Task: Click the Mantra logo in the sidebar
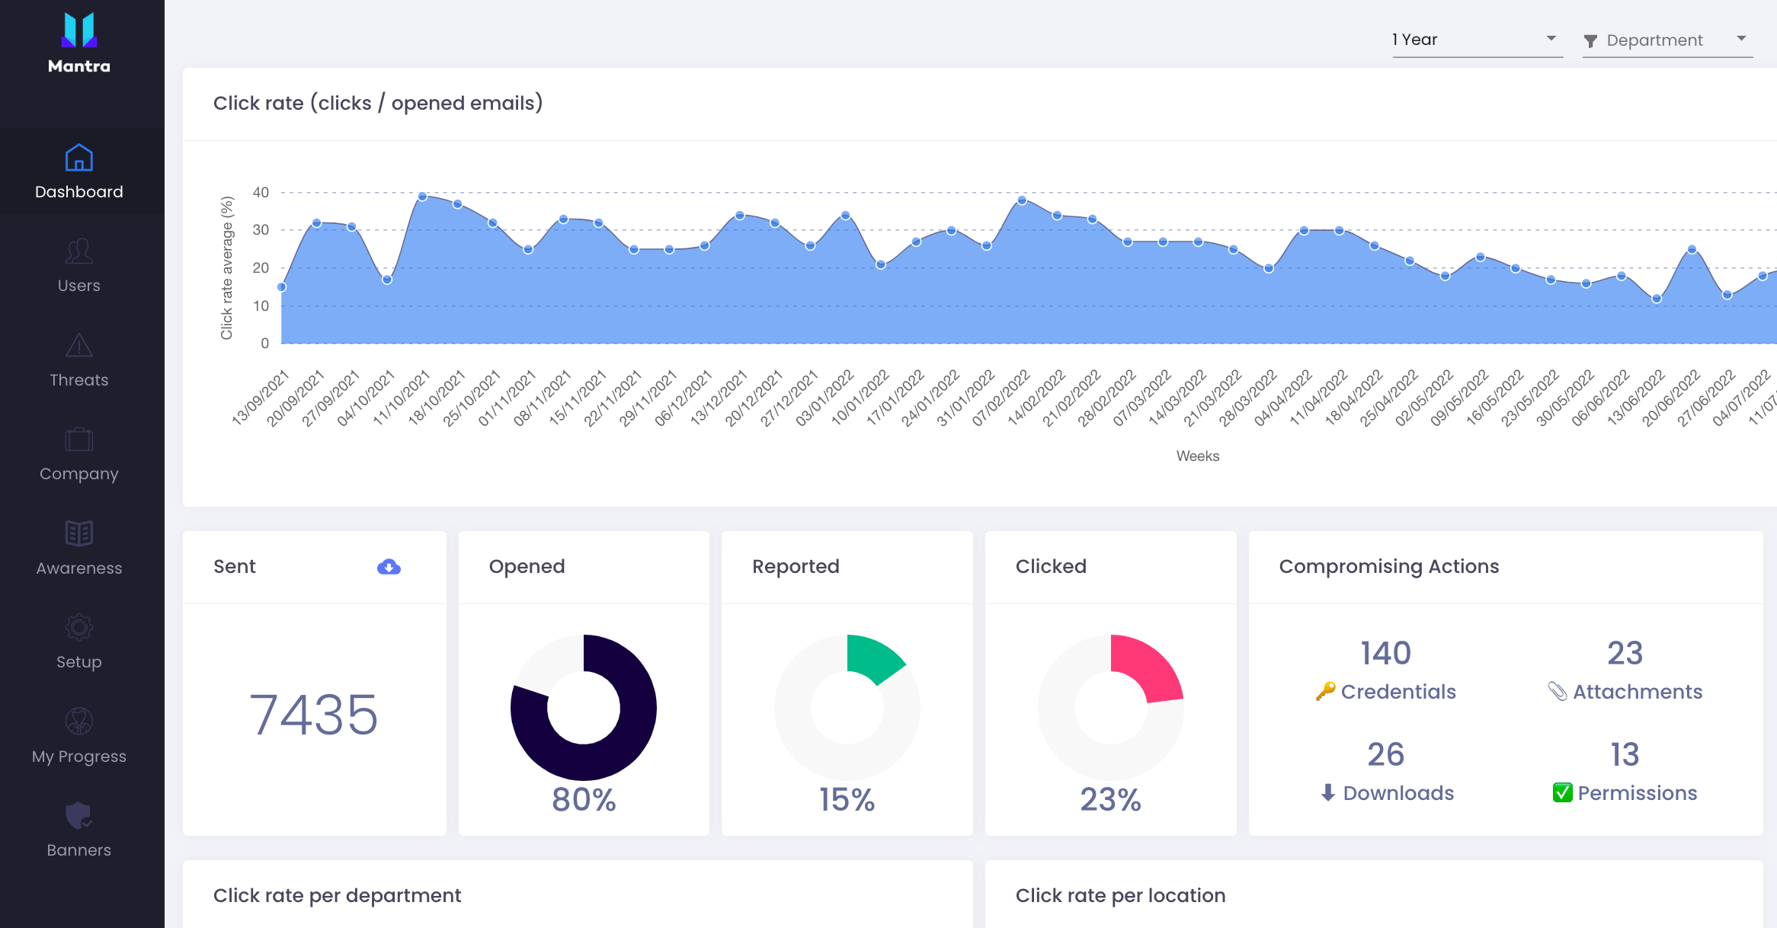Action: [79, 43]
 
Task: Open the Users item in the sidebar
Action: [79, 265]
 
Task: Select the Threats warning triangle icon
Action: [79, 345]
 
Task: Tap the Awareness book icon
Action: [79, 533]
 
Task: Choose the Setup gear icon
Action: [79, 628]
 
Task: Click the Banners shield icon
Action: [79, 815]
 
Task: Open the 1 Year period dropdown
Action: [1478, 40]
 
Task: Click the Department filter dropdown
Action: [1667, 40]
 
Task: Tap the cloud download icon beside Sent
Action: [389, 567]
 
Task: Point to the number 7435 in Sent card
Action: [314, 715]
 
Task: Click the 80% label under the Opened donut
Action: [584, 799]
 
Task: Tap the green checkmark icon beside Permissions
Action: [1562, 793]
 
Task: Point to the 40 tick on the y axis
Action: [261, 192]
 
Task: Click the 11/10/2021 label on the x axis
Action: [402, 398]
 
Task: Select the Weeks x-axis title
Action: [1198, 456]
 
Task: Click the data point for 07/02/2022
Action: [1022, 200]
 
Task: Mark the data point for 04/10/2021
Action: [387, 280]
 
